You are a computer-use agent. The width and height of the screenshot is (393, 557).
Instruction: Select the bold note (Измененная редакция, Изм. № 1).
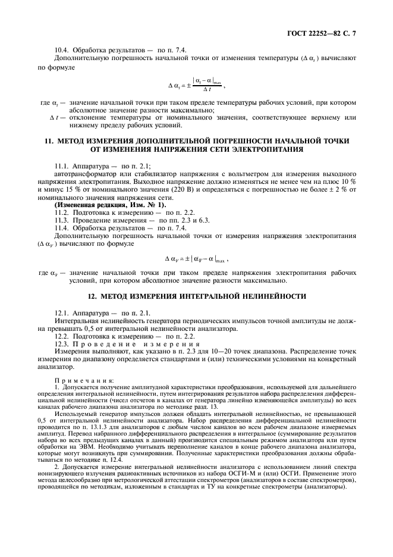[x=102, y=205]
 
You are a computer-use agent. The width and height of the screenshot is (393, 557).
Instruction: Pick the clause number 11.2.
[x=62, y=212]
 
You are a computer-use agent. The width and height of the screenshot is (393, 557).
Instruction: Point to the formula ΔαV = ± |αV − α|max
[x=196, y=259]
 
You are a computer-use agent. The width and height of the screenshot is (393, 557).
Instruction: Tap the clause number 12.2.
[x=62, y=336]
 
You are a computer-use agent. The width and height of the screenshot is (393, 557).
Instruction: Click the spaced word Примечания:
[x=79, y=380]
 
